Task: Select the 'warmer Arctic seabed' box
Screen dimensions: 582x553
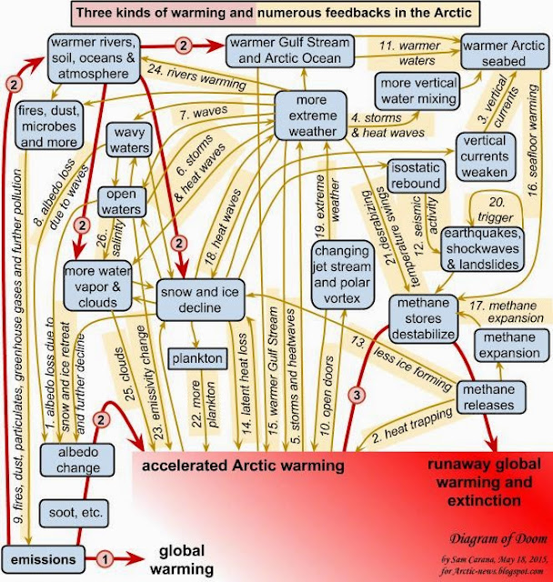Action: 502,52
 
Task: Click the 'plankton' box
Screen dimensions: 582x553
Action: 201,358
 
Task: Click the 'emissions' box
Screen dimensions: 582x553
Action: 37,557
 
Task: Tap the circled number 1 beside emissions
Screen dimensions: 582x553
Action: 105,557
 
